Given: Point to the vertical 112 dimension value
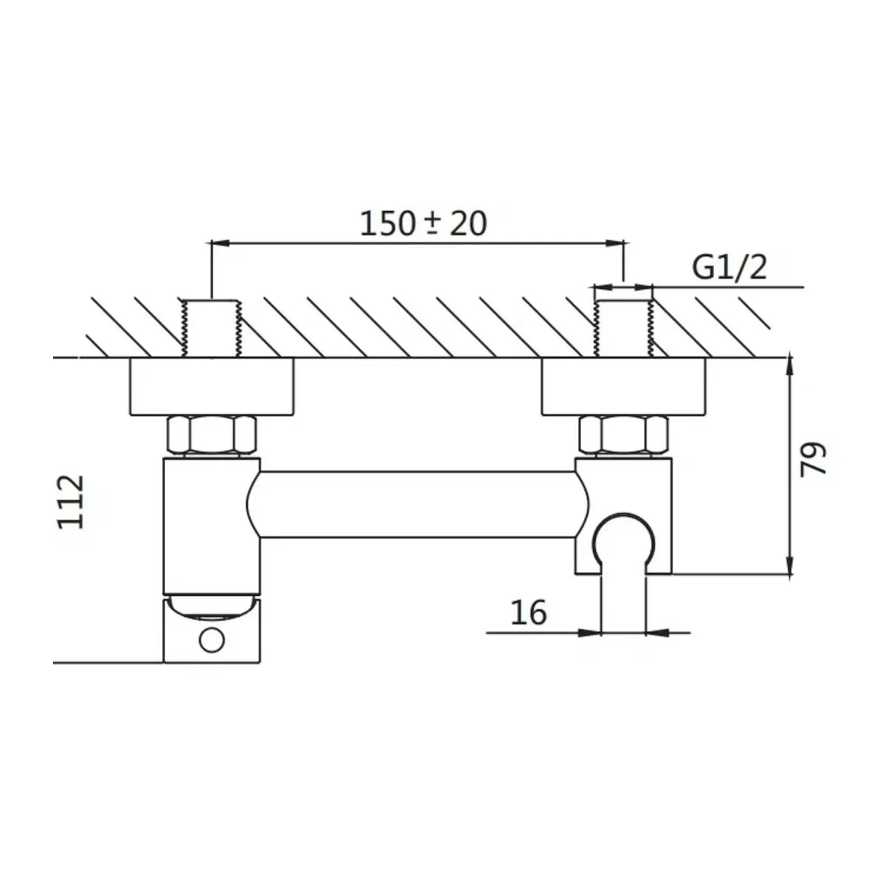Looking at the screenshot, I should (x=72, y=502).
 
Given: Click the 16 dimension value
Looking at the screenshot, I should (x=529, y=612).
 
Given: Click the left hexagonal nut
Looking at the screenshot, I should (x=212, y=436).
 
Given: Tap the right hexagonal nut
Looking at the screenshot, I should (x=624, y=436).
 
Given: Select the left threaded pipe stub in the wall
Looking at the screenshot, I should (x=212, y=327).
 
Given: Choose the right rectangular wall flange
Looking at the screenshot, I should (x=624, y=386).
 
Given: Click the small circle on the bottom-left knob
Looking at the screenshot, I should (x=212, y=640).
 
